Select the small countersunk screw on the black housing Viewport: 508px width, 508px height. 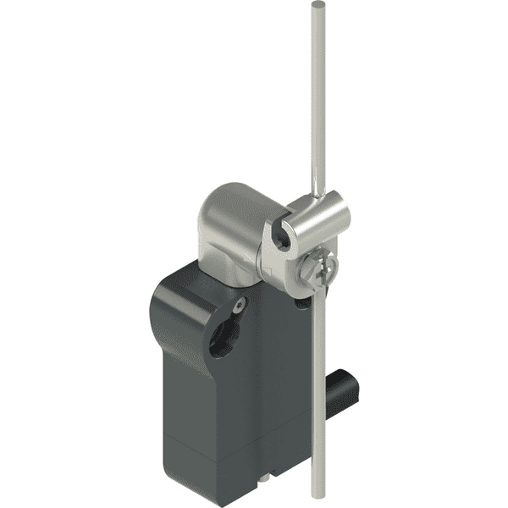[x=240, y=302]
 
